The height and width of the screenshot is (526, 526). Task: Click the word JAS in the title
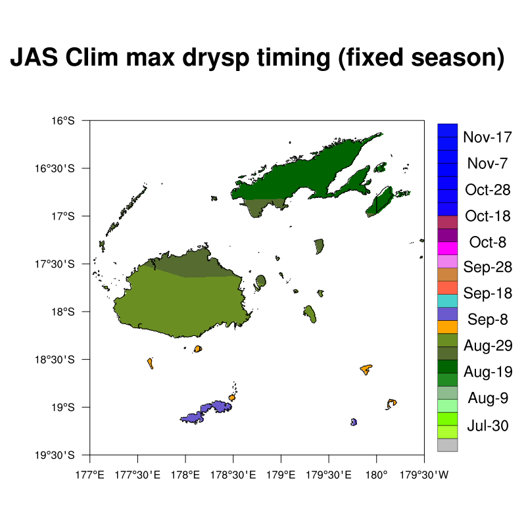click(34, 57)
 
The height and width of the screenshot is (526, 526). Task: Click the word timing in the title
click(293, 59)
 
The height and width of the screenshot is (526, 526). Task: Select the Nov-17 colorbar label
click(487, 137)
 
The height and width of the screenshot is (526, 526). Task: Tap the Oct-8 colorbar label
click(487, 242)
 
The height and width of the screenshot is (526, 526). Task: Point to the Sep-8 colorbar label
click(487, 319)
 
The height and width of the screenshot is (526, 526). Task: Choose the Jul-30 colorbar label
click(487, 425)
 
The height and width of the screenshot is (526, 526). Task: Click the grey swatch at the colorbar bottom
click(447, 445)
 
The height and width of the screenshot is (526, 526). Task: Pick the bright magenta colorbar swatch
click(447, 249)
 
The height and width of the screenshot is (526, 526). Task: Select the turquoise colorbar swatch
click(447, 301)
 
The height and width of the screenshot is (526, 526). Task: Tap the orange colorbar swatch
click(447, 327)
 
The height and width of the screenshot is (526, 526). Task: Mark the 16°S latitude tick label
click(62, 120)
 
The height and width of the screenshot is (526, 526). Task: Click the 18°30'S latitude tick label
click(55, 360)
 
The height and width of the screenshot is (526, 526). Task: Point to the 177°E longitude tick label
click(90, 475)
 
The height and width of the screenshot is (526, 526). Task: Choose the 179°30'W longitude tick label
click(424, 475)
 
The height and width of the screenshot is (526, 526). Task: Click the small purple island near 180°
click(354, 422)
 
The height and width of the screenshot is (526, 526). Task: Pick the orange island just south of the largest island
click(198, 349)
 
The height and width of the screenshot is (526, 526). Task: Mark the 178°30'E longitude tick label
click(233, 475)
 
